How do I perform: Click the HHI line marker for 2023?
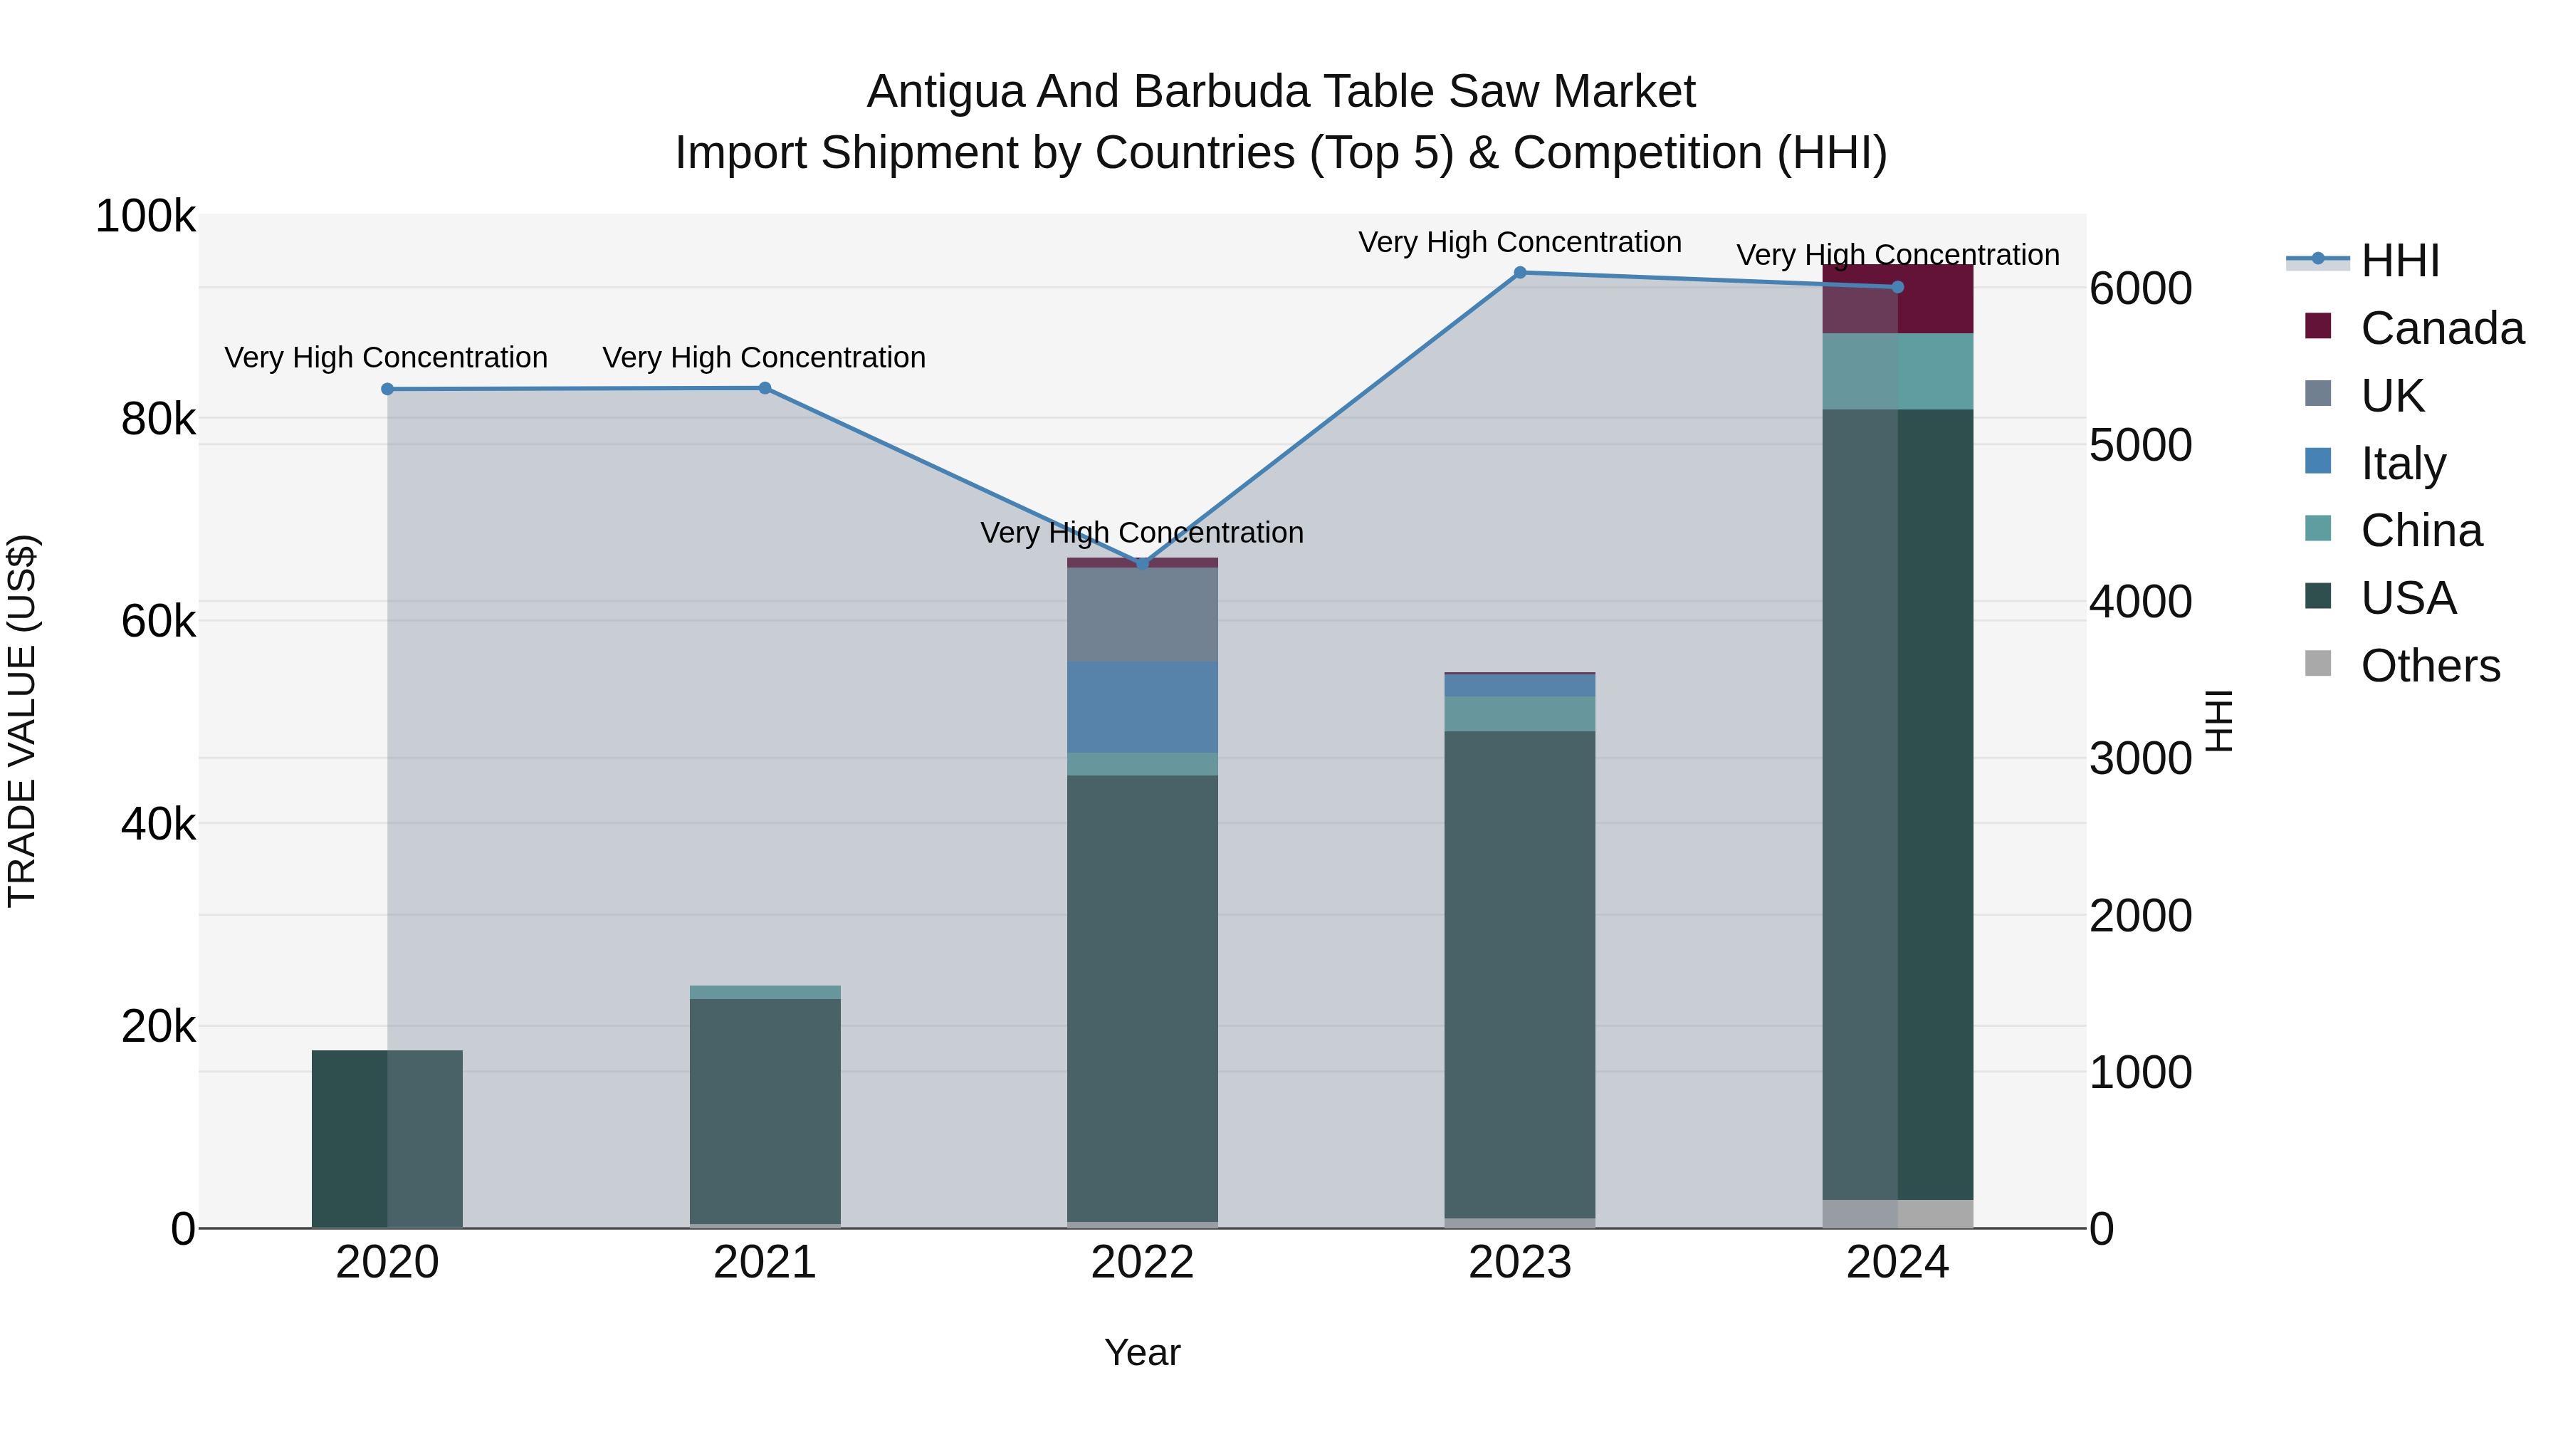[1519, 273]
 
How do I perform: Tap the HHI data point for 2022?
[1142, 563]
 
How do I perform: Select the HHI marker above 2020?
[387, 389]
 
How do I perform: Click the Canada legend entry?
[2442, 328]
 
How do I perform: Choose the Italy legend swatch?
[2318, 461]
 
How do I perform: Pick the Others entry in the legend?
[2430, 666]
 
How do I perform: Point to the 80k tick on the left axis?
[157, 419]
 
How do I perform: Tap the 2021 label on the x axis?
[764, 1263]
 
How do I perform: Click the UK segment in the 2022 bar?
[1142, 614]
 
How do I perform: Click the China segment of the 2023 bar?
[1519, 714]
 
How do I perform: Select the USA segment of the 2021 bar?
[764, 1109]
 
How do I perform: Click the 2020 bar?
[387, 1139]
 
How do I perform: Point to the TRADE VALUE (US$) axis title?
[22, 721]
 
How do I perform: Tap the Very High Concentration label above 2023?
[1519, 243]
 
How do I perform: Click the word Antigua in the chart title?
[944, 93]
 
